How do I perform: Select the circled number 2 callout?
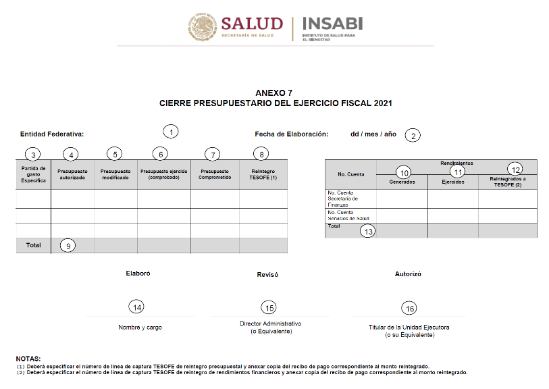point(413,135)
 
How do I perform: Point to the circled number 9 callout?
point(68,246)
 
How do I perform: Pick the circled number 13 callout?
point(368,231)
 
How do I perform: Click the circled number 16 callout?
point(409,309)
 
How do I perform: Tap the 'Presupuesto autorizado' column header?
point(72,174)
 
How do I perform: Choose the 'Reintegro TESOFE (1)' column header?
point(263,174)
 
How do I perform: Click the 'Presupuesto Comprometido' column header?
point(215,174)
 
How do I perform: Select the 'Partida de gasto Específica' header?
point(33,174)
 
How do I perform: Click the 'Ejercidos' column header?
point(452,182)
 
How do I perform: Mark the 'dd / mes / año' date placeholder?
point(373,134)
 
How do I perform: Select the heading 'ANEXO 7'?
point(274,93)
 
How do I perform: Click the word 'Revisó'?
point(267,275)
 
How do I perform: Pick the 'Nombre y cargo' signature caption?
point(140,328)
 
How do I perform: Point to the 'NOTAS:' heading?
point(28,358)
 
